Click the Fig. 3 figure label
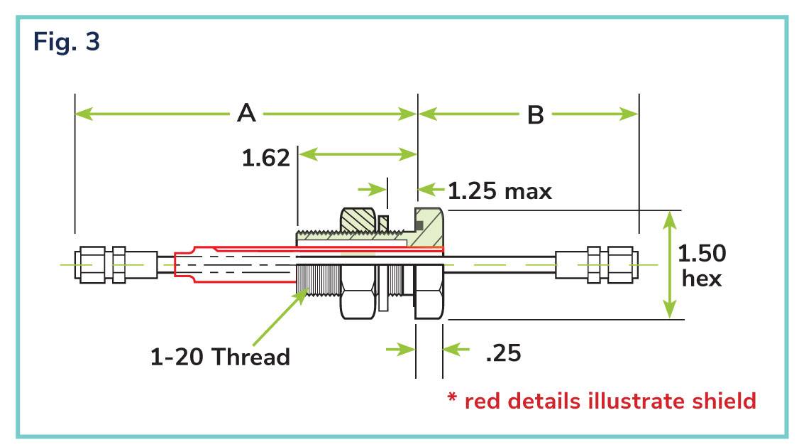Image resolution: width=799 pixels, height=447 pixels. tap(66, 41)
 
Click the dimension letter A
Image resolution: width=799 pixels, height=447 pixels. tap(247, 113)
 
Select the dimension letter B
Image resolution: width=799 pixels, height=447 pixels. tap(536, 115)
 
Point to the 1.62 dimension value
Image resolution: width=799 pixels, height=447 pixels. tap(265, 158)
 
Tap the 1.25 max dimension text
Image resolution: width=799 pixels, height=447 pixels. tap(500, 191)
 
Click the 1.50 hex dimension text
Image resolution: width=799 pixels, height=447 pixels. tap(702, 265)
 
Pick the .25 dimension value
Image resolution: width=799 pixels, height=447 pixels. tap(503, 353)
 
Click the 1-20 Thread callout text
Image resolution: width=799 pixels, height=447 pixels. tap(220, 356)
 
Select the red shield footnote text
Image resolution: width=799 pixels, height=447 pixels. tap(602, 401)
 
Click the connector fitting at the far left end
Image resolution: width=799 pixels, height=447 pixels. tap(116, 265)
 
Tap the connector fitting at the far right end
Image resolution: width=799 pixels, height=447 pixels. tap(597, 265)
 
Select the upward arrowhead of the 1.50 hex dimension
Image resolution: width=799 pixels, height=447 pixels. tap(670, 220)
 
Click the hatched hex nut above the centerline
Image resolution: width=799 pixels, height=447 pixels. tap(358, 220)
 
